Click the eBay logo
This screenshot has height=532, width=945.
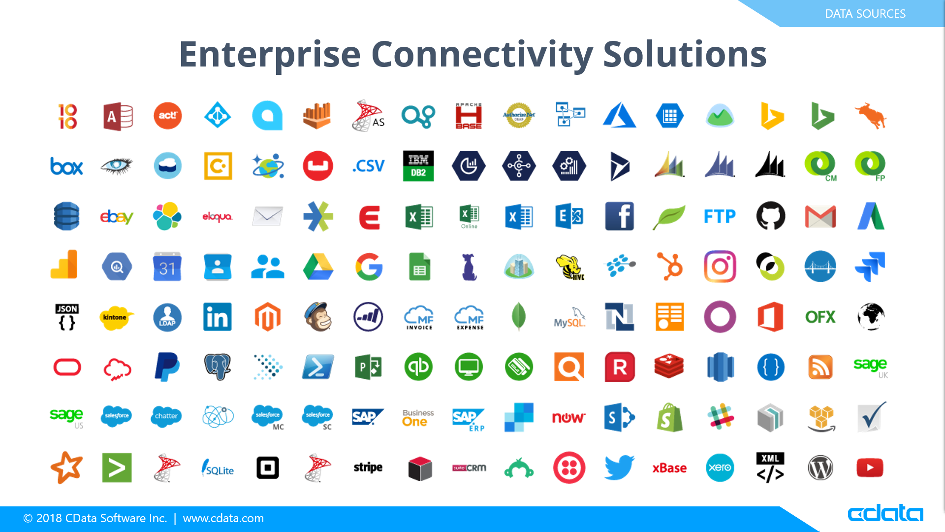[117, 217]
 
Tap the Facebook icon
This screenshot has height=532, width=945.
[619, 216]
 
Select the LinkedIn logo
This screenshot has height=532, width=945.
[217, 317]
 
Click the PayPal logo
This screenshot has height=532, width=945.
[167, 366]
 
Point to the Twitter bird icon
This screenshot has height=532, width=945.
[619, 467]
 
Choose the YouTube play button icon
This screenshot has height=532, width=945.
[870, 467]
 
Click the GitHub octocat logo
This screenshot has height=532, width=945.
[770, 216]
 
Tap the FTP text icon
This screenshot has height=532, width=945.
[720, 216]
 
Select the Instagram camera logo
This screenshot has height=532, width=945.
[720, 266]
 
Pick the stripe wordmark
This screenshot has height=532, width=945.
[368, 467]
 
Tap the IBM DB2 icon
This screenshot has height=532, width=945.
[418, 166]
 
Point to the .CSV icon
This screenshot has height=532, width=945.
[368, 166]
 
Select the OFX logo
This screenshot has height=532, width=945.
[820, 317]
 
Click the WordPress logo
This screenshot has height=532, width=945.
[820, 467]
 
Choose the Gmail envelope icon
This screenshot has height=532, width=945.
[820, 217]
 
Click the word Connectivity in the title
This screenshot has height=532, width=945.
[482, 54]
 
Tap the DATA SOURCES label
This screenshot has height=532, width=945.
[865, 14]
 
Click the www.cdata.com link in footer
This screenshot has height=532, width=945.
[223, 518]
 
